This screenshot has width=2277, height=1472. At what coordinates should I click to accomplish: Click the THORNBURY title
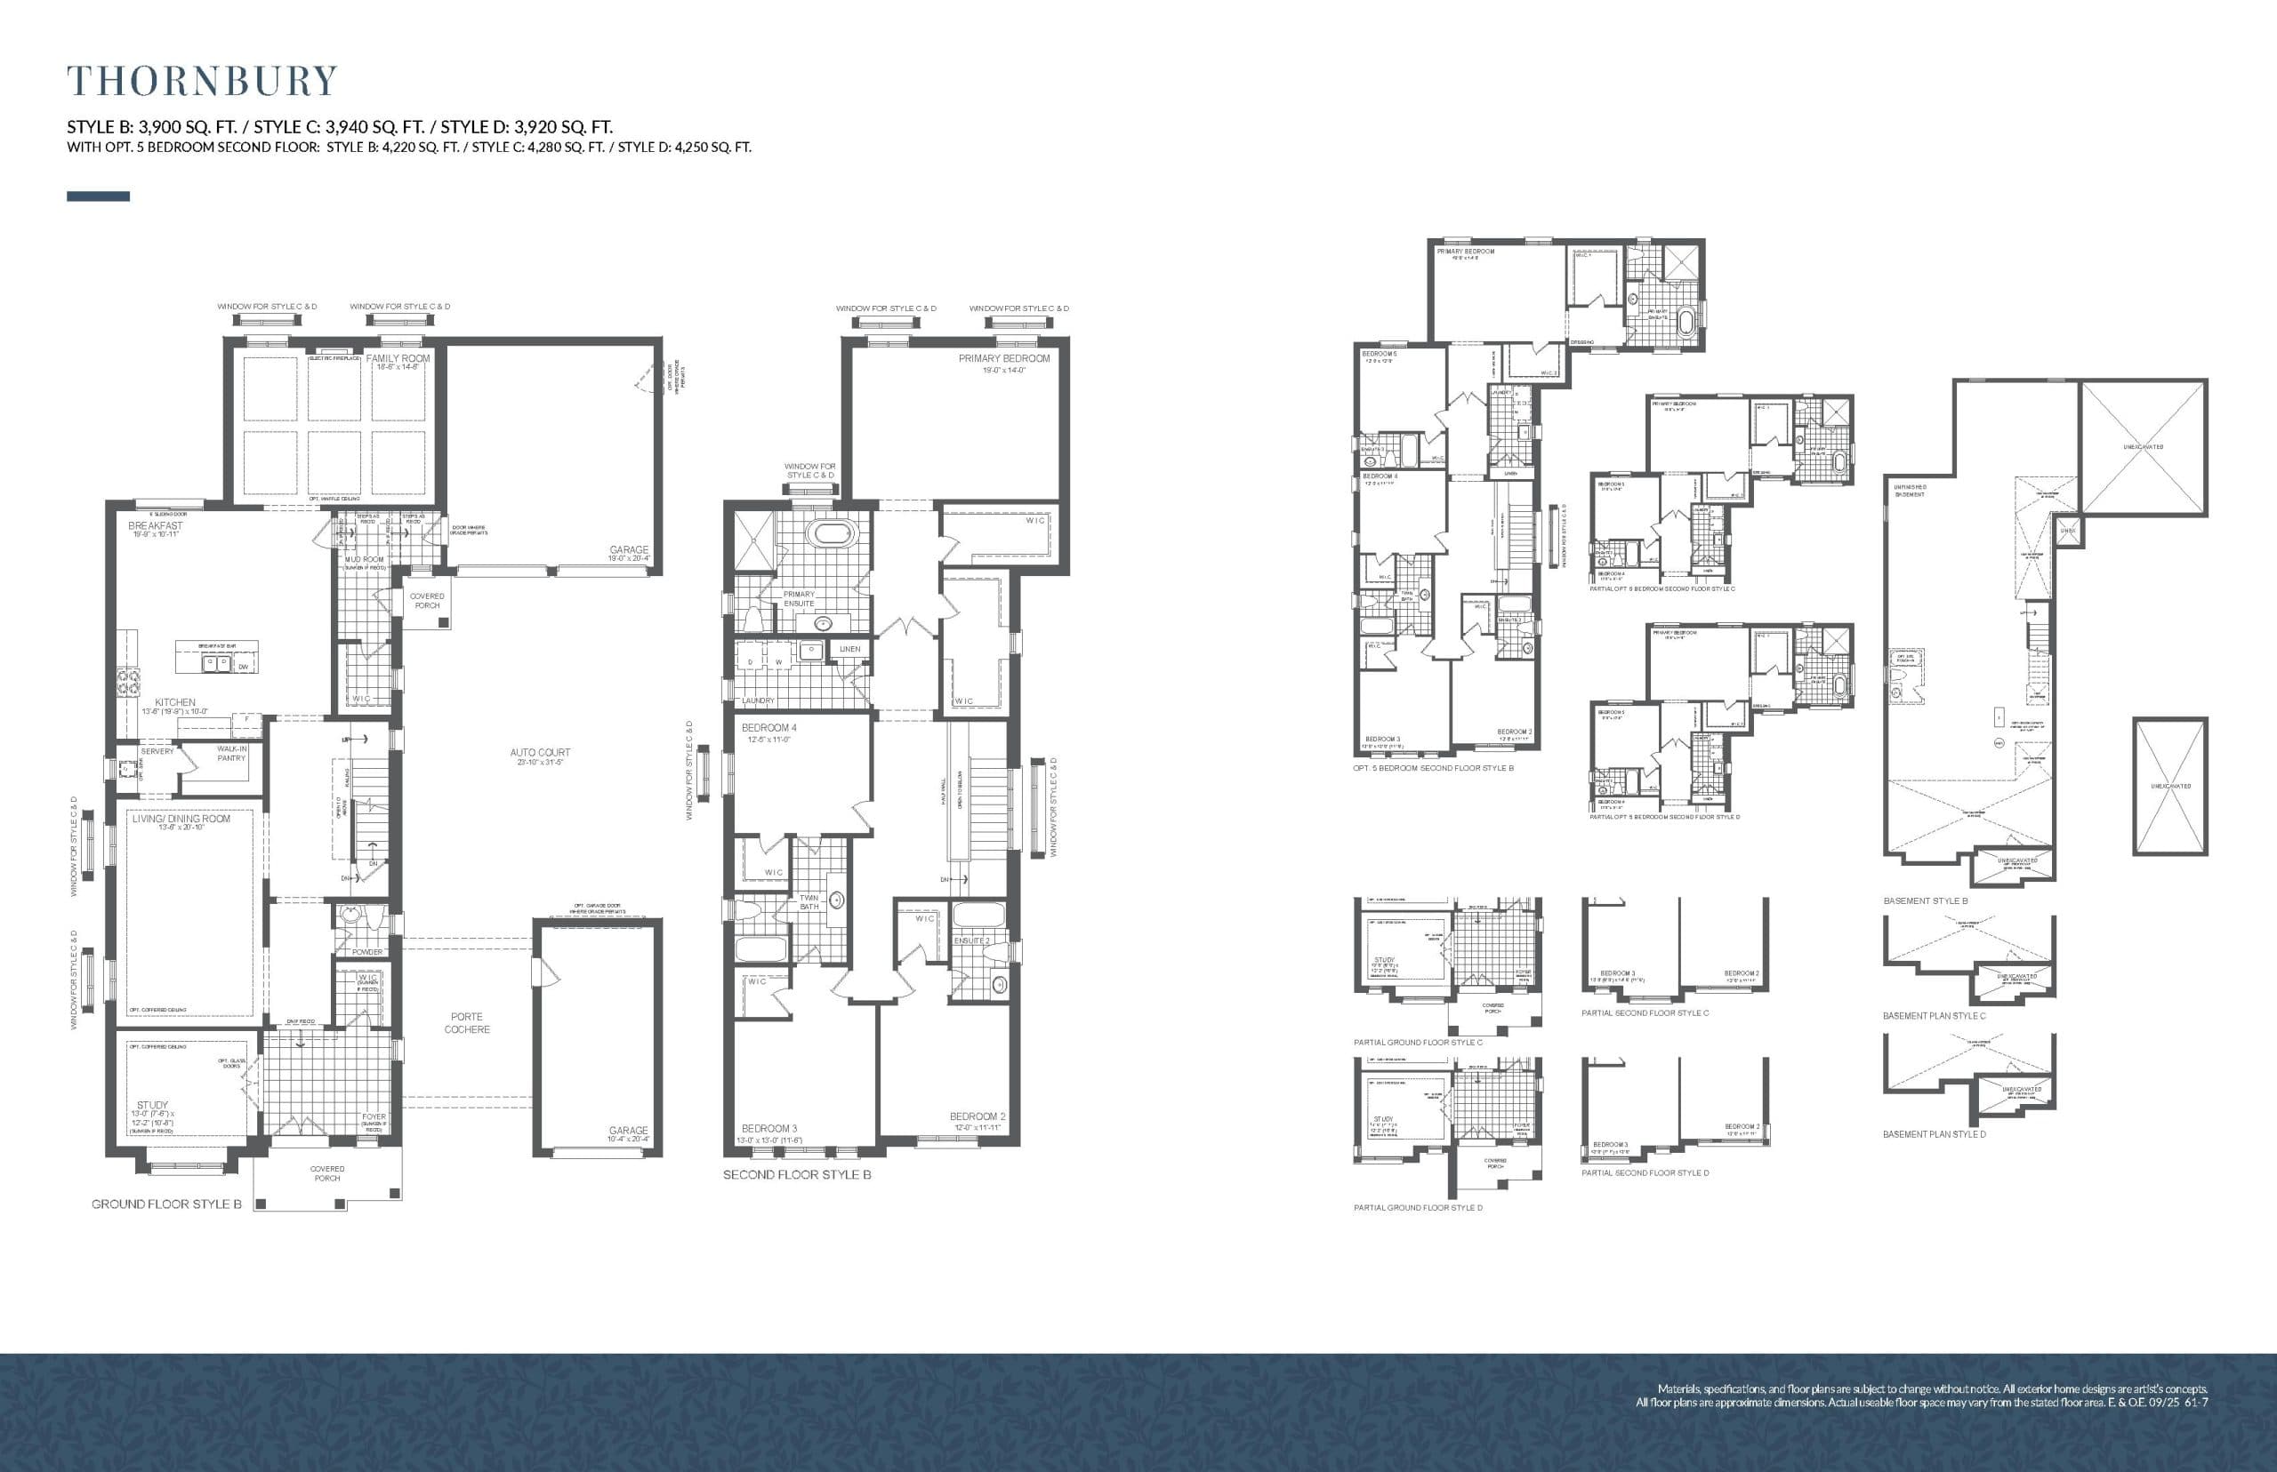(202, 80)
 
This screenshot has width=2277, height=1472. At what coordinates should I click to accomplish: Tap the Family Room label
(398, 358)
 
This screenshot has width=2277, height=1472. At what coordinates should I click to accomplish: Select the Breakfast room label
(155, 525)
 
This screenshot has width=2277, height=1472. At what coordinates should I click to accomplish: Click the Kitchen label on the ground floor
(175, 701)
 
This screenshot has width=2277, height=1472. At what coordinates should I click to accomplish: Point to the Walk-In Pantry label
(231, 753)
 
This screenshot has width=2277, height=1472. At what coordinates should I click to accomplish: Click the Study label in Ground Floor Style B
(152, 1105)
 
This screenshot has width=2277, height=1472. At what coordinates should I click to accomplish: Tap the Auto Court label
(539, 752)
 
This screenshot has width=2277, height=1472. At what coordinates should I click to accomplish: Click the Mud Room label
(365, 560)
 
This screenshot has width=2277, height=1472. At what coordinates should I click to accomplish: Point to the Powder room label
(367, 952)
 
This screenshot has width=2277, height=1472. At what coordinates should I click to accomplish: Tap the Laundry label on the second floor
(758, 700)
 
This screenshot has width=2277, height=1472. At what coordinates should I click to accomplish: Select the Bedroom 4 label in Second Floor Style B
(768, 727)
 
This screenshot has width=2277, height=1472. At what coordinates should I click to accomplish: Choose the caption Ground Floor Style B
(166, 1204)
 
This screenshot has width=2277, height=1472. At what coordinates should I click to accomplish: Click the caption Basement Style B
(1925, 900)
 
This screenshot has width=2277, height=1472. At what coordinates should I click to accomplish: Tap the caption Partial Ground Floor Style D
(1417, 1207)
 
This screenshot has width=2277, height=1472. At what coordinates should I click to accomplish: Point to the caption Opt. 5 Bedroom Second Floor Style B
(1433, 767)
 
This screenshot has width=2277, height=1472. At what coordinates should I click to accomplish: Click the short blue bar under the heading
(98, 196)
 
